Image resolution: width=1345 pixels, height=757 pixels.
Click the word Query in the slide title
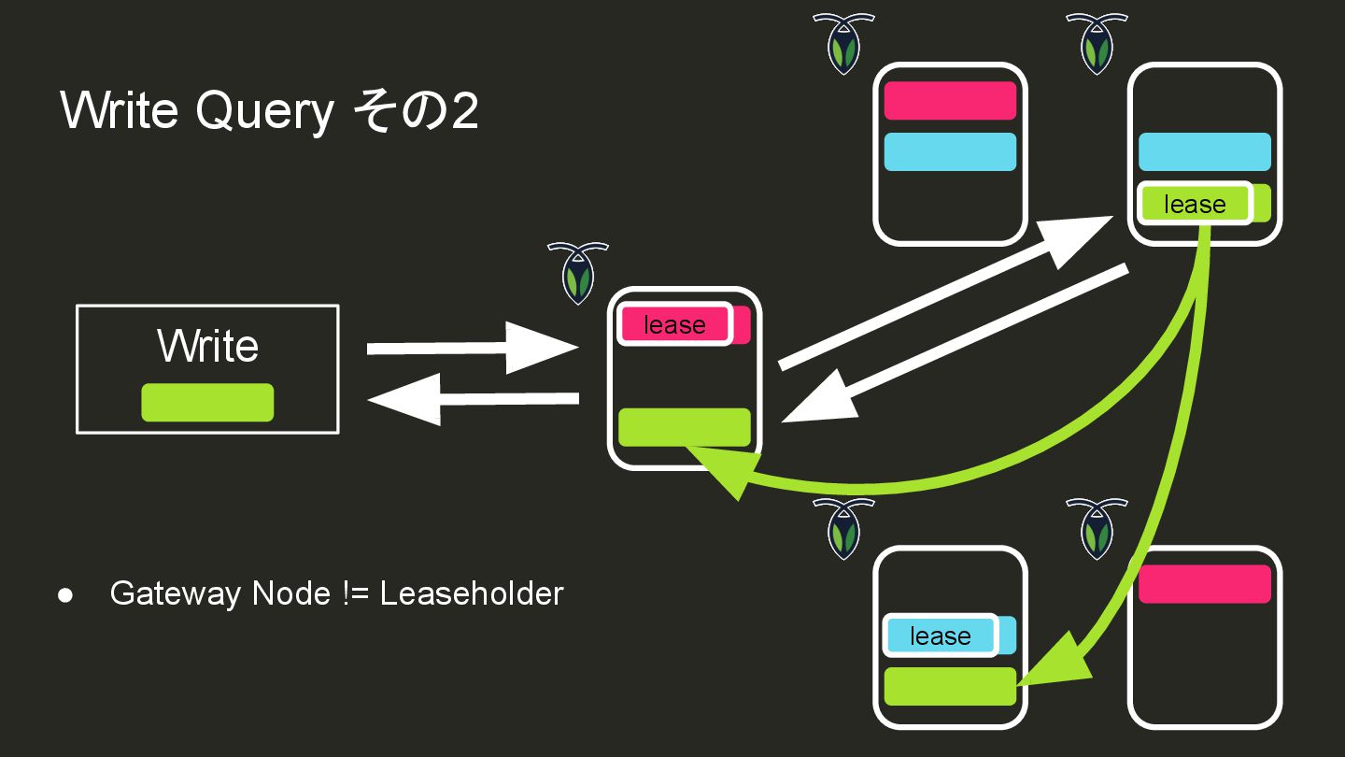click(x=264, y=111)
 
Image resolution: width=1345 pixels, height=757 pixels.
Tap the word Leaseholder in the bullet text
click(x=472, y=593)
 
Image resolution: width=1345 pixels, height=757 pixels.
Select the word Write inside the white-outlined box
click(x=207, y=346)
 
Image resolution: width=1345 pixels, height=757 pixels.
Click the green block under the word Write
click(x=207, y=403)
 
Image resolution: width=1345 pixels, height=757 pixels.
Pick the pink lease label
click(x=674, y=324)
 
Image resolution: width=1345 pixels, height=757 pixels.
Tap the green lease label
click(x=1195, y=204)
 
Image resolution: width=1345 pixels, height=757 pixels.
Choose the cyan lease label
click(x=940, y=636)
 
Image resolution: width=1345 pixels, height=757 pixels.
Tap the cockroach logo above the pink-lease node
click(x=578, y=271)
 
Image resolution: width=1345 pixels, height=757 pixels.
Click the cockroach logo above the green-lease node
click(x=1097, y=43)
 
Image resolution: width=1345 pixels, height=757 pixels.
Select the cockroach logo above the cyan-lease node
click(x=843, y=528)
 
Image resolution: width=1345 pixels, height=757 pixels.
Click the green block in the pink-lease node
click(x=685, y=427)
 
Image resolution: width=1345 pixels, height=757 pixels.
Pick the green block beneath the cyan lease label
click(x=950, y=686)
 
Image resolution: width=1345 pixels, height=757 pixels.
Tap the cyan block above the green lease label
click(x=1205, y=151)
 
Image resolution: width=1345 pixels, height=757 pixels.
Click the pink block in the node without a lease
click(x=1205, y=584)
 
